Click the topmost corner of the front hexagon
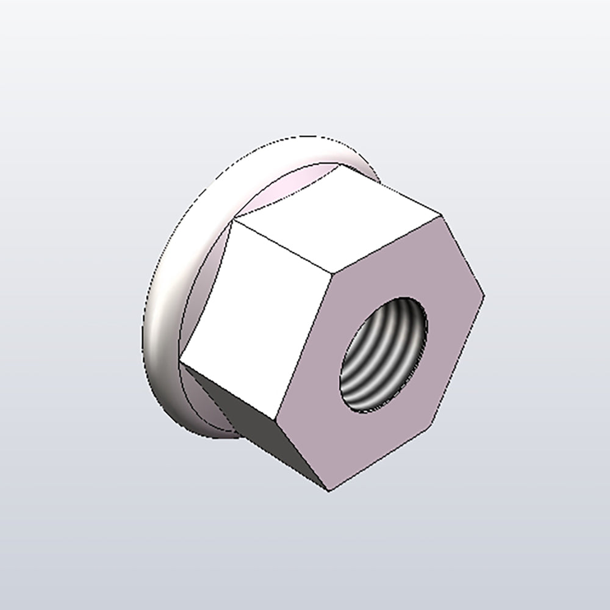(440, 215)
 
